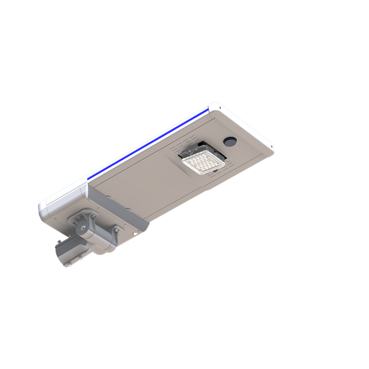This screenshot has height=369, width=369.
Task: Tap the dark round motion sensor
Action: [230, 141]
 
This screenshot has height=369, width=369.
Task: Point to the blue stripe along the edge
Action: [148, 144]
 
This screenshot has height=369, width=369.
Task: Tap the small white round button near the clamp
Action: [135, 234]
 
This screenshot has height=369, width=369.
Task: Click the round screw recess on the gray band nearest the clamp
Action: [108, 197]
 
